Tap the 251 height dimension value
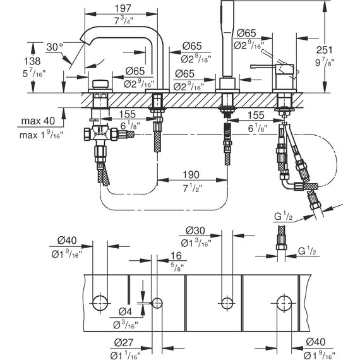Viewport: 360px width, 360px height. [340, 49]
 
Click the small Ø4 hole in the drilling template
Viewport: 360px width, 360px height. [157, 302]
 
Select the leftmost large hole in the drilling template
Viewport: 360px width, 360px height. [99, 301]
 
